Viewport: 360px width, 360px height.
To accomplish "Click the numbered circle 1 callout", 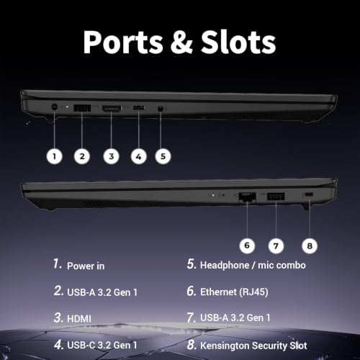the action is [55, 156].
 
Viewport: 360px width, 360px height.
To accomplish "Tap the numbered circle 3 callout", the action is [111, 156].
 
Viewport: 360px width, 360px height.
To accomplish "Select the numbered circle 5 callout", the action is [163, 156].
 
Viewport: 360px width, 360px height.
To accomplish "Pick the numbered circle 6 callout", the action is [247, 246].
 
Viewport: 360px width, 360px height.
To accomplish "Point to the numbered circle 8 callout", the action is [310, 246].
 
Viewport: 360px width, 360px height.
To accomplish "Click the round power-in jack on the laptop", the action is [55, 107].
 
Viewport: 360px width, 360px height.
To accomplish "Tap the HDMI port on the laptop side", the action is [112, 109].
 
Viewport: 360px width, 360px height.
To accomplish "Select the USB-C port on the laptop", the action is [139, 108].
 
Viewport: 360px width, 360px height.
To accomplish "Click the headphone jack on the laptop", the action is [161, 109].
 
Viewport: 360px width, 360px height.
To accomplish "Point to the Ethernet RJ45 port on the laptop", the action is [247, 197].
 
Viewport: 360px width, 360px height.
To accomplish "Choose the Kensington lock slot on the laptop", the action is [309, 195].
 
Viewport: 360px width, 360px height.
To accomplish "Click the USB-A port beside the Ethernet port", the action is [276, 197].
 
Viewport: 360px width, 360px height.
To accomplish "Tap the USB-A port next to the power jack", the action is [82, 108].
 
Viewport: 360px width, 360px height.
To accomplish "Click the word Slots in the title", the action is [238, 42].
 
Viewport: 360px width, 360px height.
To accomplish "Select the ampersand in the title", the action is [181, 42].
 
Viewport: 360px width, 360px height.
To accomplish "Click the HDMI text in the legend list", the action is [79, 319].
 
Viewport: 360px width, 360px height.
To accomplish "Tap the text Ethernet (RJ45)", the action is [234, 292].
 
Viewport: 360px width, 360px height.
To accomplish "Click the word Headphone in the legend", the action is [225, 266].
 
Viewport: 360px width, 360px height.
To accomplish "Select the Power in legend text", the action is [86, 266].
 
